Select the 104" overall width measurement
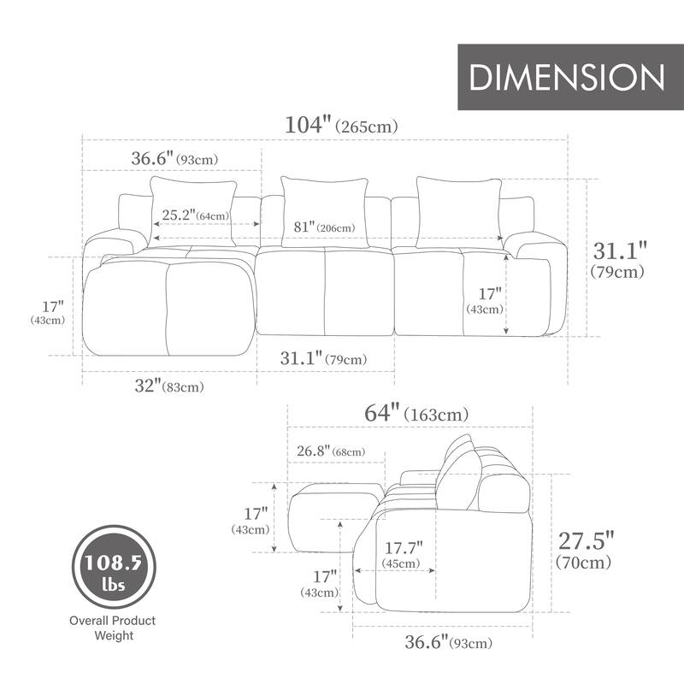pos(308,125)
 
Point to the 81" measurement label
pos(299,227)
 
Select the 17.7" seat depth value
pos(403,546)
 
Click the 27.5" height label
pos(586,540)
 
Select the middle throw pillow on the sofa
pos(325,211)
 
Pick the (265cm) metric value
pos(367,127)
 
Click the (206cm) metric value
pos(335,228)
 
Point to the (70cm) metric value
pos(584,563)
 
